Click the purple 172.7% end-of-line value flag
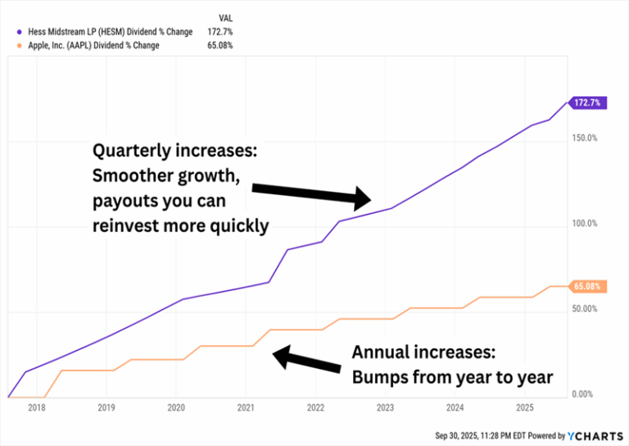coord(588,102)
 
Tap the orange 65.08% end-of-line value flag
coord(588,286)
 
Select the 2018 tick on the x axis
coord(37,407)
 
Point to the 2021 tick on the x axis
coord(247,407)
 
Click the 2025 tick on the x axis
coord(525,407)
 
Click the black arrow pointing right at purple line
coord(311,194)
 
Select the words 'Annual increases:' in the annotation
coord(423,353)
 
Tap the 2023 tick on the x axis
coord(386,407)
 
